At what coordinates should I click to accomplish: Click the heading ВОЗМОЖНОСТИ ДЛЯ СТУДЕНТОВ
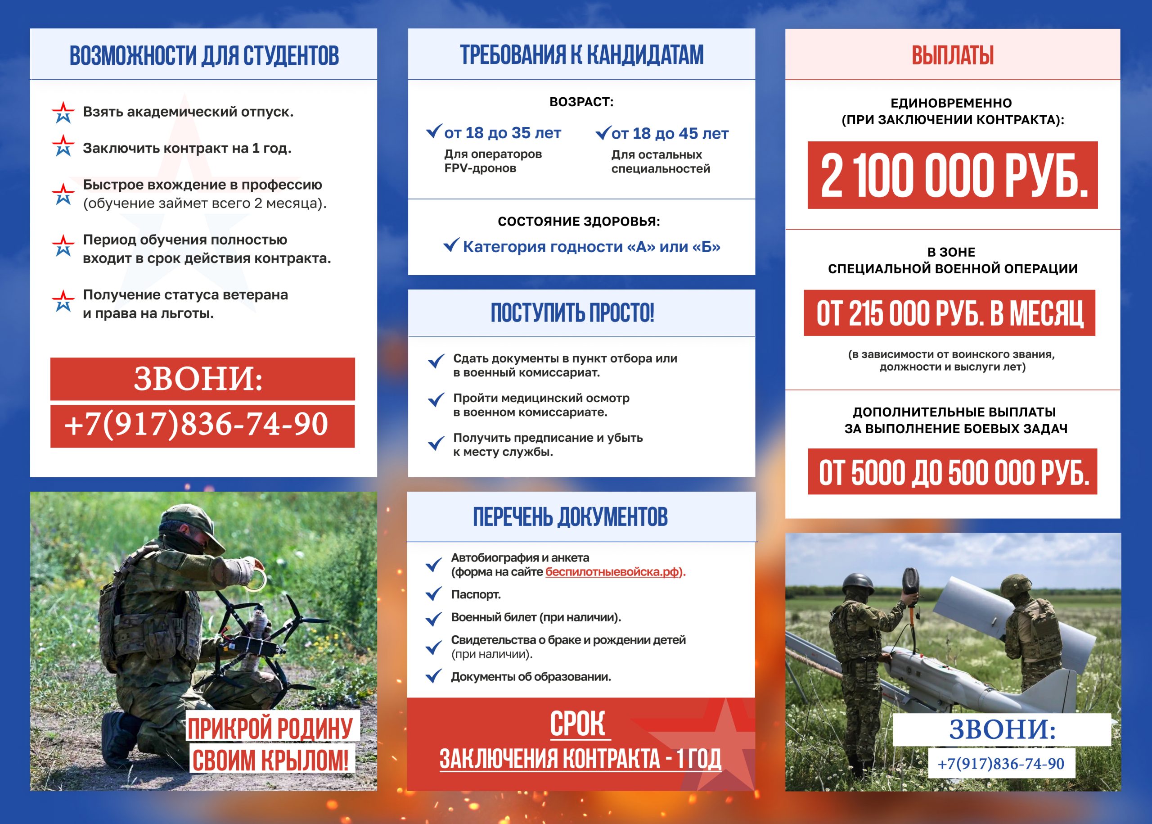point(204,55)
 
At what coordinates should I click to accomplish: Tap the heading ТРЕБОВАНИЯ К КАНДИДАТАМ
point(581,55)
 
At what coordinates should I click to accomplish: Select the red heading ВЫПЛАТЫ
point(952,55)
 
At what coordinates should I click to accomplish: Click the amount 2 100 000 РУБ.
point(952,175)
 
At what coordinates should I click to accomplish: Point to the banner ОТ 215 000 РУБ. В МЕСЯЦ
point(949,313)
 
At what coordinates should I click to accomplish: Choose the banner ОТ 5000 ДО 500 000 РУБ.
point(952,472)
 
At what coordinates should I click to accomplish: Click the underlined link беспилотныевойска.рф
point(612,572)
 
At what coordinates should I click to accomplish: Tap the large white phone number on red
point(196,424)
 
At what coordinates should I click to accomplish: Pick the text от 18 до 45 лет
point(669,133)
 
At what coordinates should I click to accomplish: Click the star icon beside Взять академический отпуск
point(63,112)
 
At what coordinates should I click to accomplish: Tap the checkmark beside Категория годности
point(451,245)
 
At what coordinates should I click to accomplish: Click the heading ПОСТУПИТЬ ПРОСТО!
point(572,312)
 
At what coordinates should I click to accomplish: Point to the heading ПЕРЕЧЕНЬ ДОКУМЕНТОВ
point(570,517)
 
